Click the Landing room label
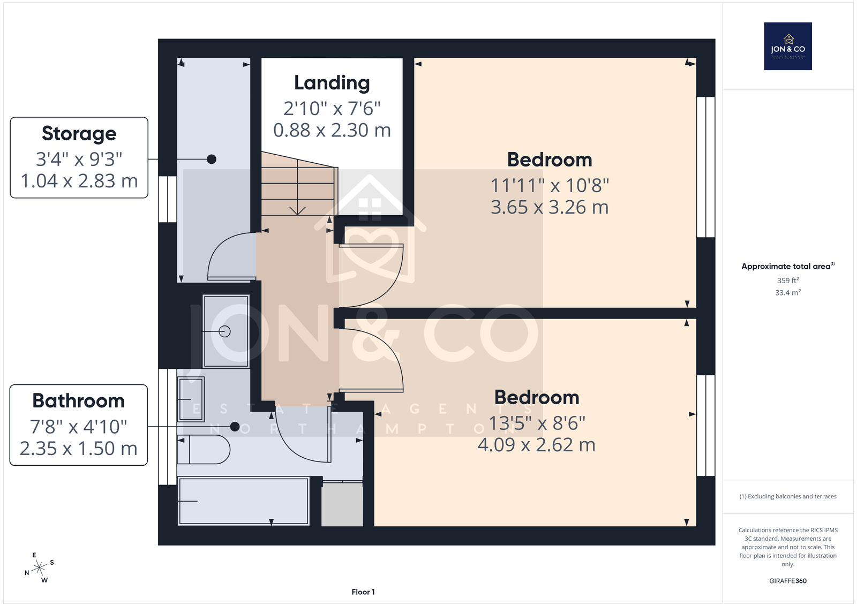(332, 84)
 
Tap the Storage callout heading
(79, 133)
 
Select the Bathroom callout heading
(78, 400)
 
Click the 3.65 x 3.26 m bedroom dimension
(550, 207)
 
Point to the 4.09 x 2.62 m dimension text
(536, 445)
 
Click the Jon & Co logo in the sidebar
(788, 46)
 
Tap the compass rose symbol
(39, 568)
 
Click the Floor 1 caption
(363, 592)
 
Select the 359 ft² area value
(788, 281)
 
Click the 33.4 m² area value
(788, 292)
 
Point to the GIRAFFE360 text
(788, 581)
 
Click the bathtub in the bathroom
(244, 501)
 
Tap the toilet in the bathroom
(204, 450)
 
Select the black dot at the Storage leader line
(211, 159)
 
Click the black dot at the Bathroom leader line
(235, 427)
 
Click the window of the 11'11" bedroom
(706, 167)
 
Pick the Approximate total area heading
(788, 266)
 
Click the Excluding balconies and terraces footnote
(788, 496)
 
